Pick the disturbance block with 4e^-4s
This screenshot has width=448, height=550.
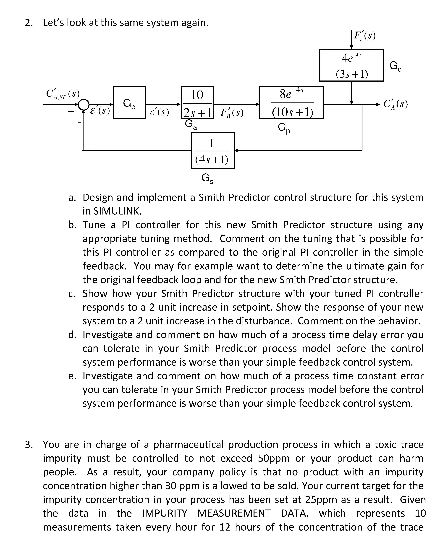click(x=351, y=65)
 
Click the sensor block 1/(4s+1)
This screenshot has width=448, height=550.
click(x=213, y=151)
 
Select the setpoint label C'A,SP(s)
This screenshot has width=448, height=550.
click(x=63, y=94)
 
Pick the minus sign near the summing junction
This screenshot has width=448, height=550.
click(x=79, y=121)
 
